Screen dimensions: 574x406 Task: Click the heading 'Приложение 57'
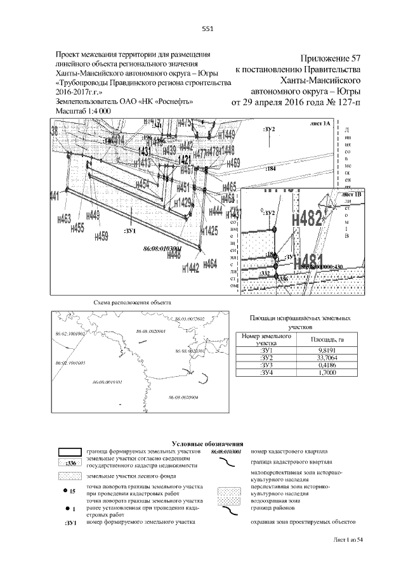[x=329, y=58]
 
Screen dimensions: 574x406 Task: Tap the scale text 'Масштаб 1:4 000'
[x=84, y=110]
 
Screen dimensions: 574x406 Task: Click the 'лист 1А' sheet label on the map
[x=321, y=126]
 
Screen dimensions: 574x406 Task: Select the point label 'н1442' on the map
[x=190, y=268]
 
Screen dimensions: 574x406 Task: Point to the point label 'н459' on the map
[x=101, y=236]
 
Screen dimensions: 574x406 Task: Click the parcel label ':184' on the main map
[x=270, y=169]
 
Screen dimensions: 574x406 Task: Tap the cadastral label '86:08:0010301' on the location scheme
[x=107, y=382]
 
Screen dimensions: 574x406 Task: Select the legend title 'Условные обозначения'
[x=207, y=443]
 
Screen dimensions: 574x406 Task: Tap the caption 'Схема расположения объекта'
[x=132, y=303]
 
